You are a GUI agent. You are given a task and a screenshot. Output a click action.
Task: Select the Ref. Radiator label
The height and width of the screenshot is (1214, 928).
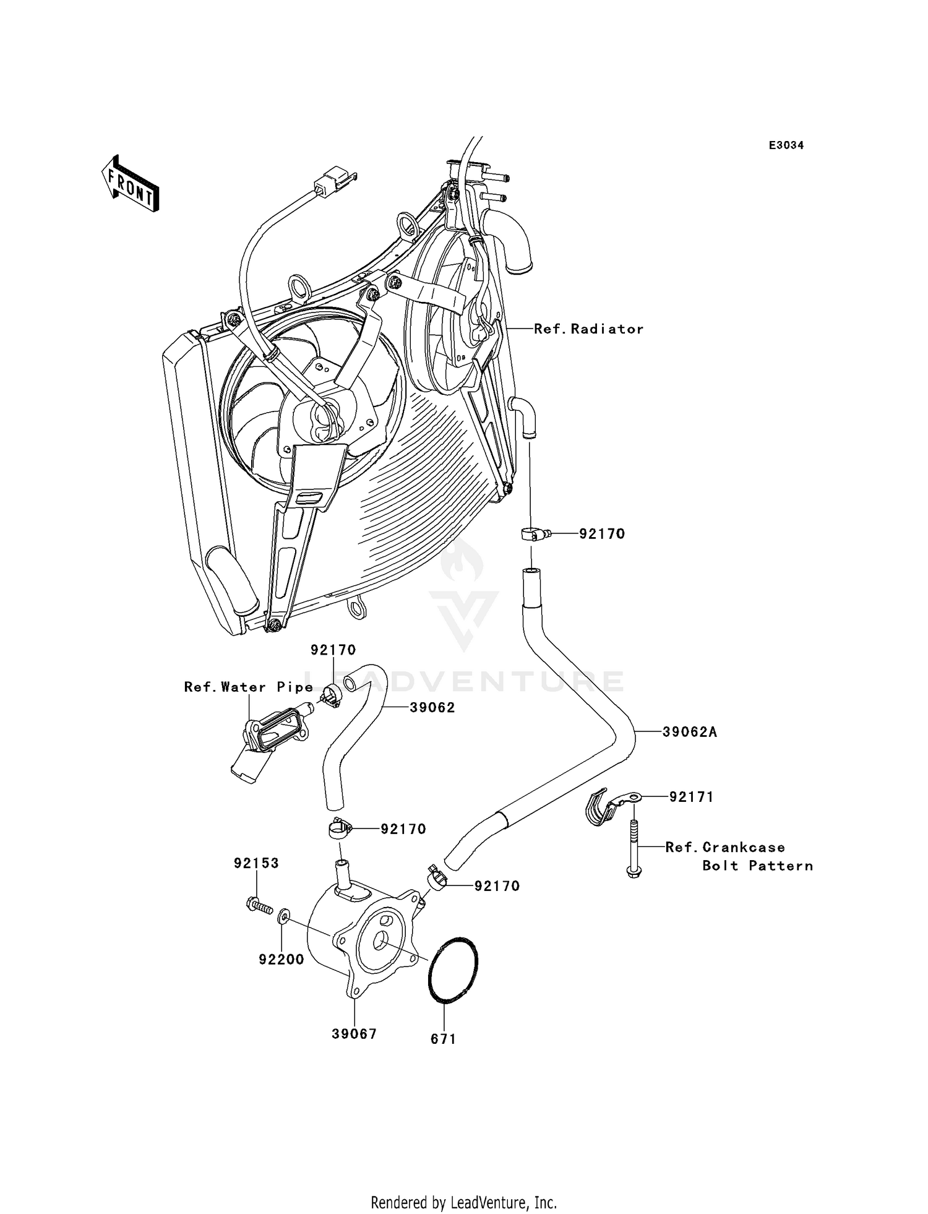pyautogui.click(x=588, y=329)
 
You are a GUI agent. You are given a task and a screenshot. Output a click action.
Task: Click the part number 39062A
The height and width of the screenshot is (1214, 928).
pyautogui.click(x=689, y=732)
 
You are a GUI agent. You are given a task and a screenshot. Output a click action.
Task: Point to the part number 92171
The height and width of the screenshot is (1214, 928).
pyautogui.click(x=691, y=798)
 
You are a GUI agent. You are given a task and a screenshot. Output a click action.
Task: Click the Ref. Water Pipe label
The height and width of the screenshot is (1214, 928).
pyautogui.click(x=248, y=687)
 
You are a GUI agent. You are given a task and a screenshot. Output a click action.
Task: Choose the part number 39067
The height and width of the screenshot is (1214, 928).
pyautogui.click(x=354, y=1034)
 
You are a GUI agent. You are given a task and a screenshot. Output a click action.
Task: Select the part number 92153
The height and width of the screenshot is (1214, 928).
pyautogui.click(x=256, y=863)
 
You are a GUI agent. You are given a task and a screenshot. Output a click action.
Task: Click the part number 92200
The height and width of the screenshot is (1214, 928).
pyautogui.click(x=281, y=960)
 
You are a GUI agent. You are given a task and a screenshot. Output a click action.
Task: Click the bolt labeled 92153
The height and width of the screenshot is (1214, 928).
pyautogui.click(x=259, y=906)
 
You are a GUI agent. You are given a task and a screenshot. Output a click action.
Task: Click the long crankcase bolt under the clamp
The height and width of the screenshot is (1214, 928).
pyautogui.click(x=634, y=848)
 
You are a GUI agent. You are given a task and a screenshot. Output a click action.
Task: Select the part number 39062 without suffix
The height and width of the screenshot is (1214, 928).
pyautogui.click(x=432, y=708)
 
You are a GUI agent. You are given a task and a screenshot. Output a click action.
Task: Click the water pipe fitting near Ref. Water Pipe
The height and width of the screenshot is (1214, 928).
pyautogui.click(x=263, y=743)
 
